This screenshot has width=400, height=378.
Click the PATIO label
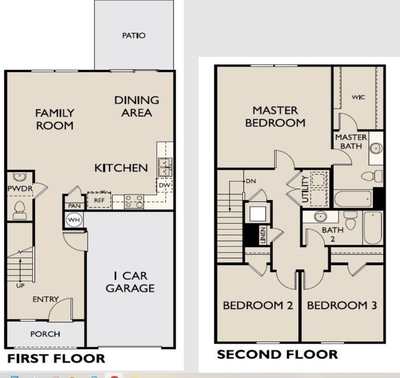[x=134, y=35]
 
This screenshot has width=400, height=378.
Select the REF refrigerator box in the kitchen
[x=99, y=199]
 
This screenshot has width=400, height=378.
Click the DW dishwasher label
[x=164, y=185]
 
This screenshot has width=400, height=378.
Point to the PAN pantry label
[x=74, y=206]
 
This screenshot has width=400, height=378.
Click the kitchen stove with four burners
[x=134, y=201]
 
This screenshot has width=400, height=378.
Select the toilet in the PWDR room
[x=19, y=210]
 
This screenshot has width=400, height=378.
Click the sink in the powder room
[x=19, y=177]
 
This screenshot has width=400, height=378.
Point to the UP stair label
[x=20, y=285]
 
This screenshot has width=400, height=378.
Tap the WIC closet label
[x=358, y=97]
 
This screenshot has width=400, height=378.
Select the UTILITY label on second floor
[x=305, y=189]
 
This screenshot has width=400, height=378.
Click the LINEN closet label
[x=263, y=235]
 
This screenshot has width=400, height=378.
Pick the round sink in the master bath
[x=376, y=148]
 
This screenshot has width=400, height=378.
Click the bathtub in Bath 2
[x=373, y=227]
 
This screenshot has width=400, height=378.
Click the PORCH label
[x=45, y=334]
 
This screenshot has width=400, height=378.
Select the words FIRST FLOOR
[x=56, y=358]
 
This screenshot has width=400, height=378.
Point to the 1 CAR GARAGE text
[x=130, y=282]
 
